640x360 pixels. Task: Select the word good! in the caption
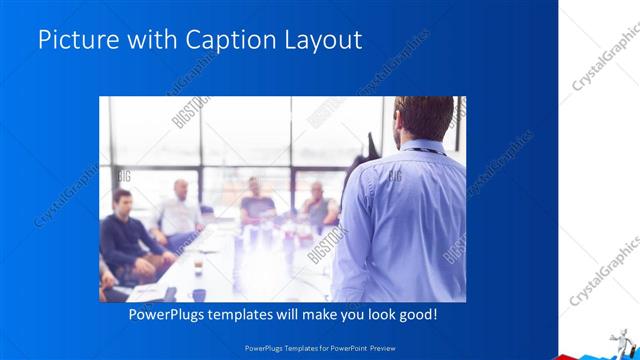coord(416,315)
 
